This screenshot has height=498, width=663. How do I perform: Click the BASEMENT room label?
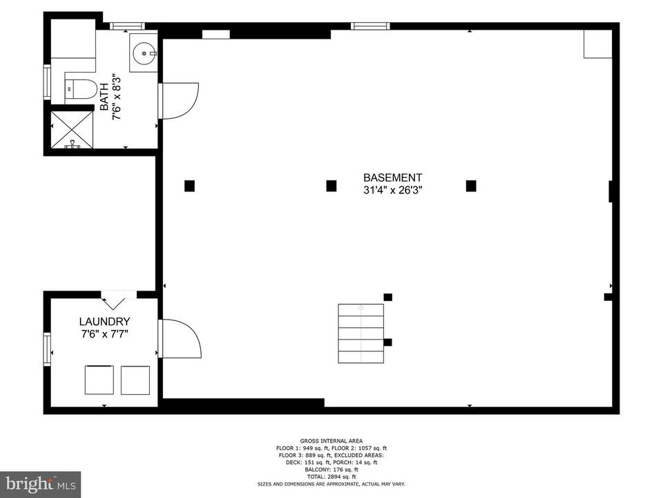tap(392, 178)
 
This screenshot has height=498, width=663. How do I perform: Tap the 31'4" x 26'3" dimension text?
tap(392, 190)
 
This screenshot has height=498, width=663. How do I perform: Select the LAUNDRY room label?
tap(104, 322)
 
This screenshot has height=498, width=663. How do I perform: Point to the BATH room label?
tap(104, 97)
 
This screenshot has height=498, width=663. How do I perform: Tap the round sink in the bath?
tap(145, 51)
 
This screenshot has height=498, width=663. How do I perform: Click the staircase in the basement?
tap(361, 334)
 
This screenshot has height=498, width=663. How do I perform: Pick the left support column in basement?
tap(189, 185)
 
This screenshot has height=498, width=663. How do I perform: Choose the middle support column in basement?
tap(331, 185)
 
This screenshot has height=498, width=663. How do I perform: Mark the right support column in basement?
tap(471, 185)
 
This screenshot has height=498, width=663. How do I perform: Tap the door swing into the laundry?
tap(181, 338)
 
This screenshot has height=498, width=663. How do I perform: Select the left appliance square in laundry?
tap(99, 380)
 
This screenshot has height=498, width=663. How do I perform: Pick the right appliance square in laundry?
tap(135, 380)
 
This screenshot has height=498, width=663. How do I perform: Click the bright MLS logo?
tap(40, 483)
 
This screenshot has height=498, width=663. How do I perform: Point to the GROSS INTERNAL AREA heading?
tap(331, 441)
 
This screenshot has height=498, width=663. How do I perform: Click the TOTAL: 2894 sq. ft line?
tap(331, 477)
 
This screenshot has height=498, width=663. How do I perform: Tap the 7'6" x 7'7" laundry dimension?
tap(104, 334)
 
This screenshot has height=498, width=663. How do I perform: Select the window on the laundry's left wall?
tap(47, 347)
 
